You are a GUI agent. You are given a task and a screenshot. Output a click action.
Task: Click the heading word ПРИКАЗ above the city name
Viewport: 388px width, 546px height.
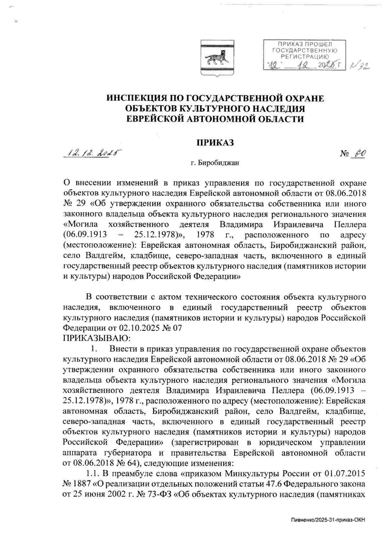pyautogui.click(x=215, y=143)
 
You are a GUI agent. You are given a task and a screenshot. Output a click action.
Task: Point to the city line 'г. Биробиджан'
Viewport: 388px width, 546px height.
pyautogui.click(x=215, y=163)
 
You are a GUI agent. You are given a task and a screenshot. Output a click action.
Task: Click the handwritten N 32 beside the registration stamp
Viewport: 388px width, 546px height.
pyautogui.click(x=360, y=66)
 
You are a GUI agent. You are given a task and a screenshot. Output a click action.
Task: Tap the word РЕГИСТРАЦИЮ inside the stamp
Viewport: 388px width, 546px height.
pyautogui.click(x=305, y=56)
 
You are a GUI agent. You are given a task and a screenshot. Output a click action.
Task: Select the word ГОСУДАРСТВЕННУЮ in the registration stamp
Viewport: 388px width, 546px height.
pyautogui.click(x=305, y=50)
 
